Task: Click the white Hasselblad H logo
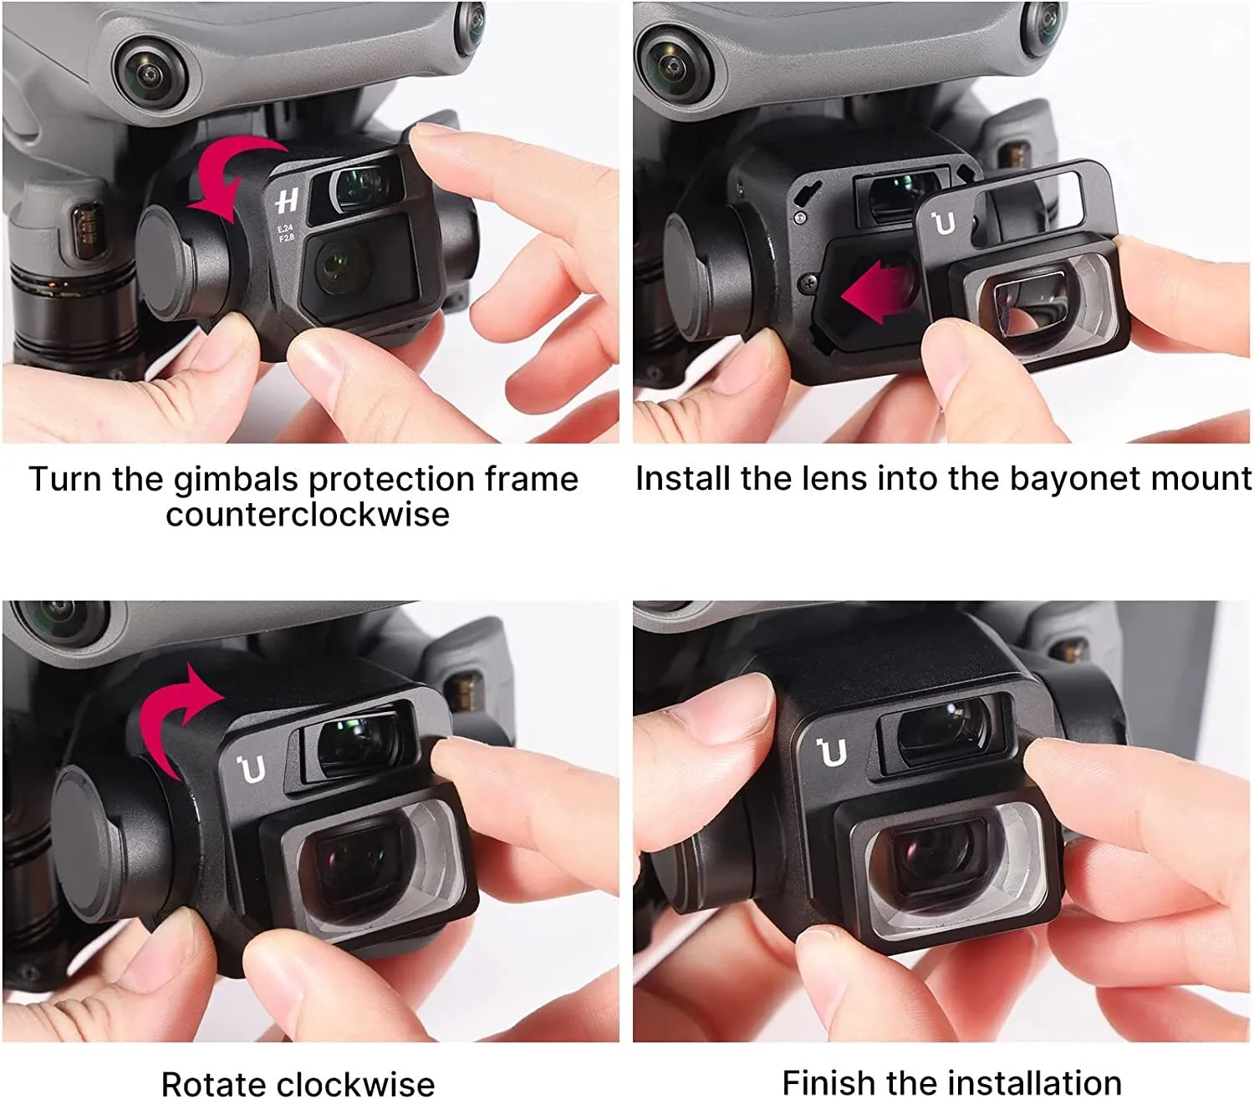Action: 287,201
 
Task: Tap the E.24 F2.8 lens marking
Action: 285,233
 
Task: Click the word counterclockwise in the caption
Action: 308,515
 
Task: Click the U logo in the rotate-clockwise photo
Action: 252,769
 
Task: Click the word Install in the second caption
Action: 683,478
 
